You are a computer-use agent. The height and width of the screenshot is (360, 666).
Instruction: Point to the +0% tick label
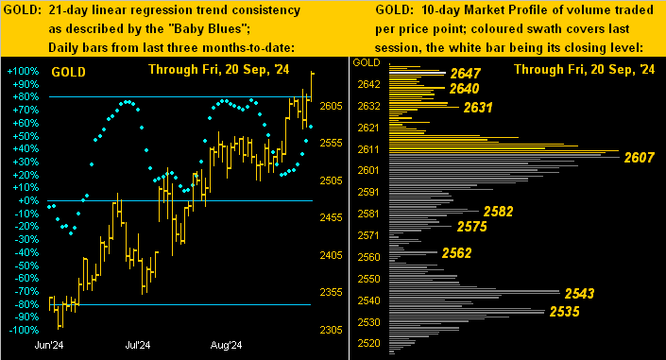25,200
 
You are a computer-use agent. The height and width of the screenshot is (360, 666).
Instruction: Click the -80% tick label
24,304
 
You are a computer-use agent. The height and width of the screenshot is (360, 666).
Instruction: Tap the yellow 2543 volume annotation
578,294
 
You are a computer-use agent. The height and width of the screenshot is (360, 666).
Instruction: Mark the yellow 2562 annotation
456,252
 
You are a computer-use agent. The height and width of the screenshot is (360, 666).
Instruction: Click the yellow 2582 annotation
498,212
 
